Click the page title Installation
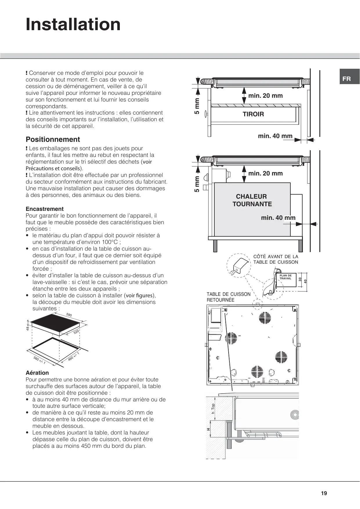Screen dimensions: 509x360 [73, 24]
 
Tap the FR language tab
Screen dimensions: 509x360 [346, 79]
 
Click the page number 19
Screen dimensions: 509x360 [324, 493]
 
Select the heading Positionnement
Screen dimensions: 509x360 [53, 140]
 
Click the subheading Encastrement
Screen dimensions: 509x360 [45, 209]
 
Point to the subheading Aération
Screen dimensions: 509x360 [37, 373]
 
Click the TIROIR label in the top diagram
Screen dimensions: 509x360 [253, 114]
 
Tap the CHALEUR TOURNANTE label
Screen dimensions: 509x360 [252, 200]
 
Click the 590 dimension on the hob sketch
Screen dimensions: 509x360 [69, 315]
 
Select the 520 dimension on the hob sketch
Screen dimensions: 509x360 [76, 332]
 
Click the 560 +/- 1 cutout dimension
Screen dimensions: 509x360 [39, 360]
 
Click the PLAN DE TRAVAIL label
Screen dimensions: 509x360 [285, 277]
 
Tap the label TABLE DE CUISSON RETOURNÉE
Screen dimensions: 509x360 [228, 297]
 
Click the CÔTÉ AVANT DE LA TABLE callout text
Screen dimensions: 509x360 [276, 259]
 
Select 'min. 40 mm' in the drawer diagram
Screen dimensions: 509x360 [275, 136]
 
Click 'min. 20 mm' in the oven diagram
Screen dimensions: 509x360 [265, 173]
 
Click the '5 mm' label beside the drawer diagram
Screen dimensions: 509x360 [197, 106]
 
